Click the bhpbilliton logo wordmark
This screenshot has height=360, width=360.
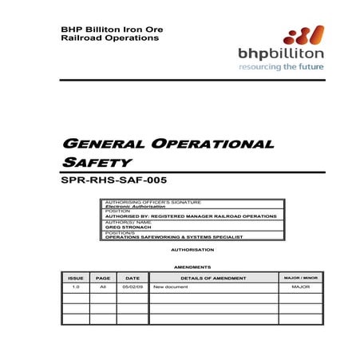[281, 53]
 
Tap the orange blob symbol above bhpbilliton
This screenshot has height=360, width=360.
[303, 35]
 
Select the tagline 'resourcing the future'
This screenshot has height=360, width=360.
[281, 68]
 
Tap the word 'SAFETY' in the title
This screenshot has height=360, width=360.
[93, 162]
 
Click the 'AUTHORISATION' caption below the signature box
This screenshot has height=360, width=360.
[192, 250]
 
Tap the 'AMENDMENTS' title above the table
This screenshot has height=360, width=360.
[192, 267]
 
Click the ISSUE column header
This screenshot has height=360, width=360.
[76, 277]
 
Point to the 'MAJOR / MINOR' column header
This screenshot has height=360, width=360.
[300, 277]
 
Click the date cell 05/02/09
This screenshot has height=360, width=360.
[132, 287]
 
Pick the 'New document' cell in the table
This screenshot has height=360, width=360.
[170, 287]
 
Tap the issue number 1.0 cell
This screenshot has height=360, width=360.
[76, 287]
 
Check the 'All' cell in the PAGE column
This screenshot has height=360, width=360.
[103, 287]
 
